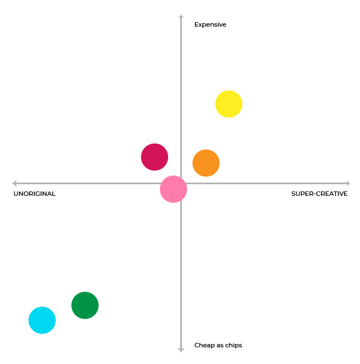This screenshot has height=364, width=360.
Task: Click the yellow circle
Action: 229,104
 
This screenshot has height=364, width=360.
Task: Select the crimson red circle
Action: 154,157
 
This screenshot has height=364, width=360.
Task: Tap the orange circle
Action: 206,163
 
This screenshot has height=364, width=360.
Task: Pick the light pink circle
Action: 173,189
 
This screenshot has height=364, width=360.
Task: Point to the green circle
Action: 85,305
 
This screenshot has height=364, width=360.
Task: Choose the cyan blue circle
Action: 42,320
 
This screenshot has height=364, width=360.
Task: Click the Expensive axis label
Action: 210,24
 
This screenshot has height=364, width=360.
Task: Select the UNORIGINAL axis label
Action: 34,194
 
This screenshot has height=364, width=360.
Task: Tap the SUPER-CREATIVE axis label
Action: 320,194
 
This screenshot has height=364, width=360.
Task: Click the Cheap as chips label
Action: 218,345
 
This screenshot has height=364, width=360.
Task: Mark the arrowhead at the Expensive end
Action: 181,17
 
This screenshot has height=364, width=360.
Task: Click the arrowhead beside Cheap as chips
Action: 181,349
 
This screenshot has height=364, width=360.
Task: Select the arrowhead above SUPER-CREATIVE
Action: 347,183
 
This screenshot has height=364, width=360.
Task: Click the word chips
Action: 234,345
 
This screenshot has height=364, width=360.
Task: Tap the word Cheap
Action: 203,345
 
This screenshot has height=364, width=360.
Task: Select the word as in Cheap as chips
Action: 219,345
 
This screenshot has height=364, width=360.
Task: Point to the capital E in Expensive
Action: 196,24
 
